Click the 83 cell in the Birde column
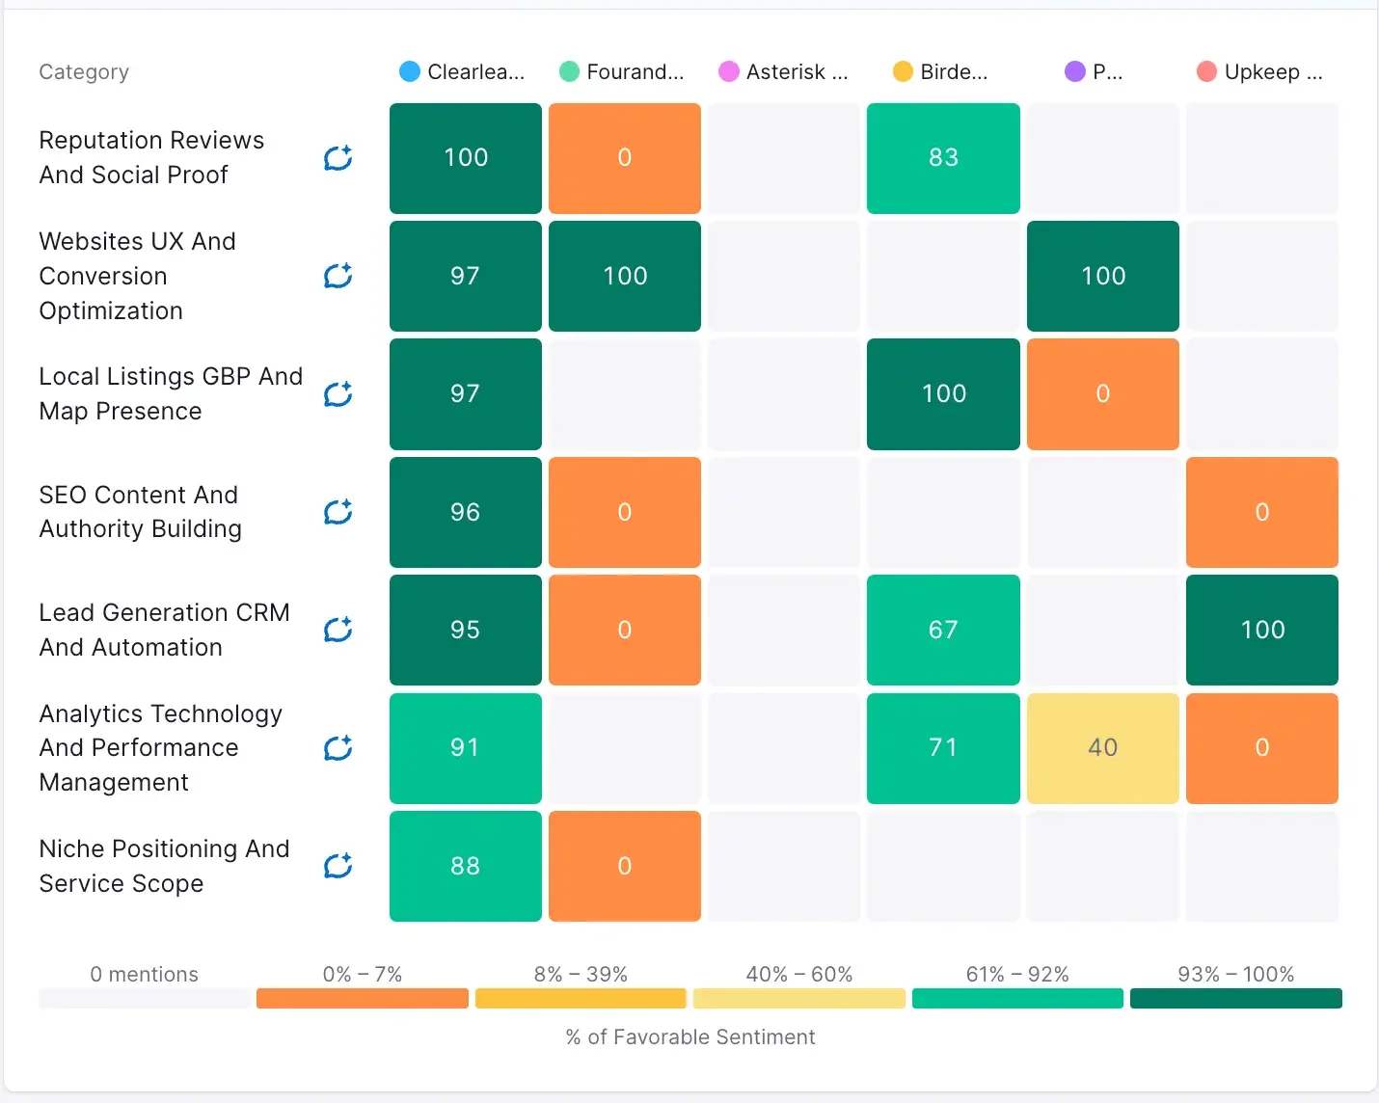coord(943,158)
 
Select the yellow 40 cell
coord(1102,748)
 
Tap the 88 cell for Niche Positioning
coord(465,866)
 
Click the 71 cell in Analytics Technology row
coord(943,748)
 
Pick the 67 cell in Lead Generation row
coord(943,630)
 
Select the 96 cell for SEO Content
coord(465,512)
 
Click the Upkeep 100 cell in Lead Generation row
coord(1261,630)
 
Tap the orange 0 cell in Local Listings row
coord(1102,393)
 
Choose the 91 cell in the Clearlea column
coord(465,748)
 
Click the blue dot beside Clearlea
coord(410,71)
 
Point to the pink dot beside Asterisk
coord(729,71)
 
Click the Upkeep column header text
coord(1272,71)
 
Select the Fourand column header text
coord(635,71)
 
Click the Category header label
coord(84,71)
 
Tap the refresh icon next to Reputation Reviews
coord(338,158)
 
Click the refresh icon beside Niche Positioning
coord(338,866)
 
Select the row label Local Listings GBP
coord(171,393)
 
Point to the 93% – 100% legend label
coord(1235,974)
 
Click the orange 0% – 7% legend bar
coord(362,998)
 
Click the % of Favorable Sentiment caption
coord(689,1036)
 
